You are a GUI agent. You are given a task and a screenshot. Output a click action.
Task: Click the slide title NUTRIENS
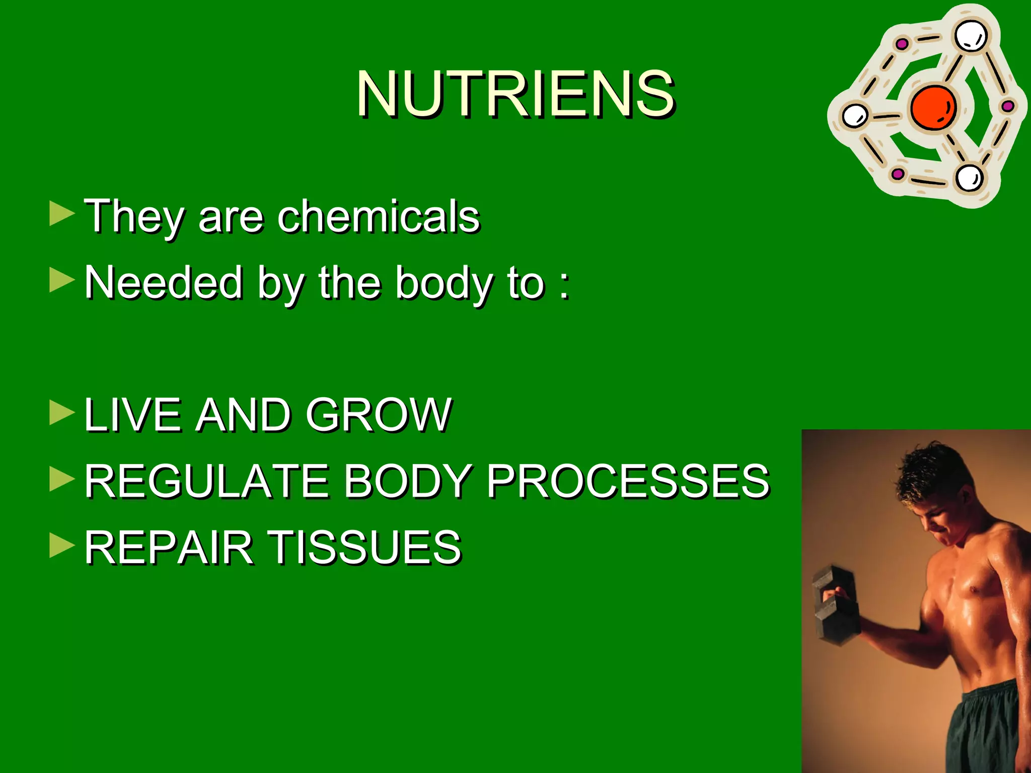pyautogui.click(x=515, y=94)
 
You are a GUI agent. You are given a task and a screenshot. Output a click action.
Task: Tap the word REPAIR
pyautogui.click(x=169, y=548)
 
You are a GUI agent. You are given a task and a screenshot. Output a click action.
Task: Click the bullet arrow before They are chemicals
pyautogui.click(x=62, y=214)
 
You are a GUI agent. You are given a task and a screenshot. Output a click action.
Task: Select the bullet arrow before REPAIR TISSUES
pyautogui.click(x=62, y=546)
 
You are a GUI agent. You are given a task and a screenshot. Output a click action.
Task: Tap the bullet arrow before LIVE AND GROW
pyautogui.click(x=62, y=413)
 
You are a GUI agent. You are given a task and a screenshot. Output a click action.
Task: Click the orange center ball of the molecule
pyautogui.click(x=932, y=107)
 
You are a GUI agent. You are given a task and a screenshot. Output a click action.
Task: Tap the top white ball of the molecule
pyautogui.click(x=970, y=35)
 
